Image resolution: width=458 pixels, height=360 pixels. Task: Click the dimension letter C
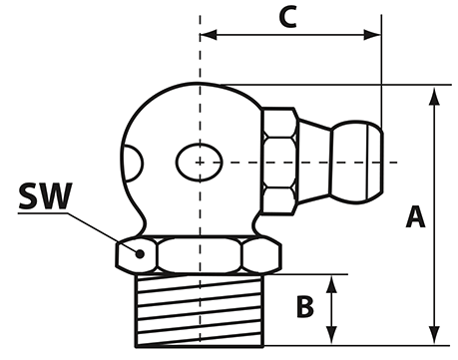(288, 18)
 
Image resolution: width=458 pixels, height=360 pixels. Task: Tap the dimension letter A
(415, 216)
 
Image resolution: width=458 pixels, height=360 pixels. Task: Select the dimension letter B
(304, 306)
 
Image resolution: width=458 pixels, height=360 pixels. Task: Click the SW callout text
(45, 195)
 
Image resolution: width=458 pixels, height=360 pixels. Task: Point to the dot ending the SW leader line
(140, 254)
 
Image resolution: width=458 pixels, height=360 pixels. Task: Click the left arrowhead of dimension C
(209, 35)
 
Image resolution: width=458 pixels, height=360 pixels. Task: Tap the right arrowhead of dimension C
(372, 35)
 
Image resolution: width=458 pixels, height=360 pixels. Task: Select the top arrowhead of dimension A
(434, 97)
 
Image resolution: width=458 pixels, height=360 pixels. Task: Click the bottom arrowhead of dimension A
(434, 335)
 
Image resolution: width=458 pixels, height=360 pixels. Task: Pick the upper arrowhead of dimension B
(331, 284)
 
